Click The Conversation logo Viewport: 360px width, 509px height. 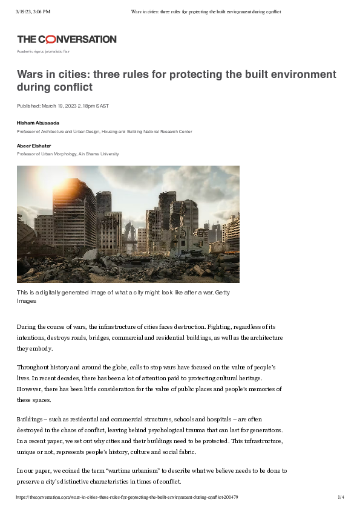(67, 39)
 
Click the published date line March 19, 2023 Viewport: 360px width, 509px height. (63, 106)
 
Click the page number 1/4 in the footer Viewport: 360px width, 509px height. (341, 497)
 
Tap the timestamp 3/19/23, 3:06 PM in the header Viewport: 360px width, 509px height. (34, 11)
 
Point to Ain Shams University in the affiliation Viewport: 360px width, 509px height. (99, 154)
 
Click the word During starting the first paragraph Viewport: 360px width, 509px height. (27, 326)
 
